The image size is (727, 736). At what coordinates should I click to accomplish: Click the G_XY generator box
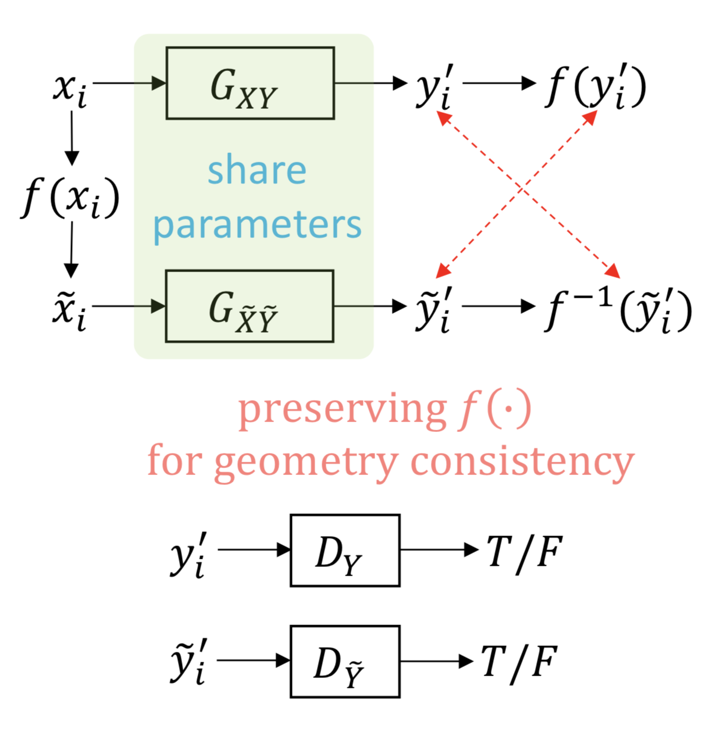tap(250, 83)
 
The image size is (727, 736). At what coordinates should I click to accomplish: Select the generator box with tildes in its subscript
tap(250, 306)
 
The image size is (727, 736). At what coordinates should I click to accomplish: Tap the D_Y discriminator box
tap(345, 550)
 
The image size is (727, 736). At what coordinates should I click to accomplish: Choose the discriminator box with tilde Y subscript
tap(345, 661)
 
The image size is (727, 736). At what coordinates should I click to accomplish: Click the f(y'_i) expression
tap(596, 87)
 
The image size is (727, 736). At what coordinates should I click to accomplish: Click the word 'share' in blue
tap(257, 170)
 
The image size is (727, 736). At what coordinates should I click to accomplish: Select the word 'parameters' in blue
tap(257, 226)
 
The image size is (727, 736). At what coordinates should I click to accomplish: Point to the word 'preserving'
tap(343, 409)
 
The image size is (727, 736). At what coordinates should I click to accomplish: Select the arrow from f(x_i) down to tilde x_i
tap(71, 250)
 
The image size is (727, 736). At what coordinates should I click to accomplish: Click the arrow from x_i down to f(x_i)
tap(72, 138)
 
